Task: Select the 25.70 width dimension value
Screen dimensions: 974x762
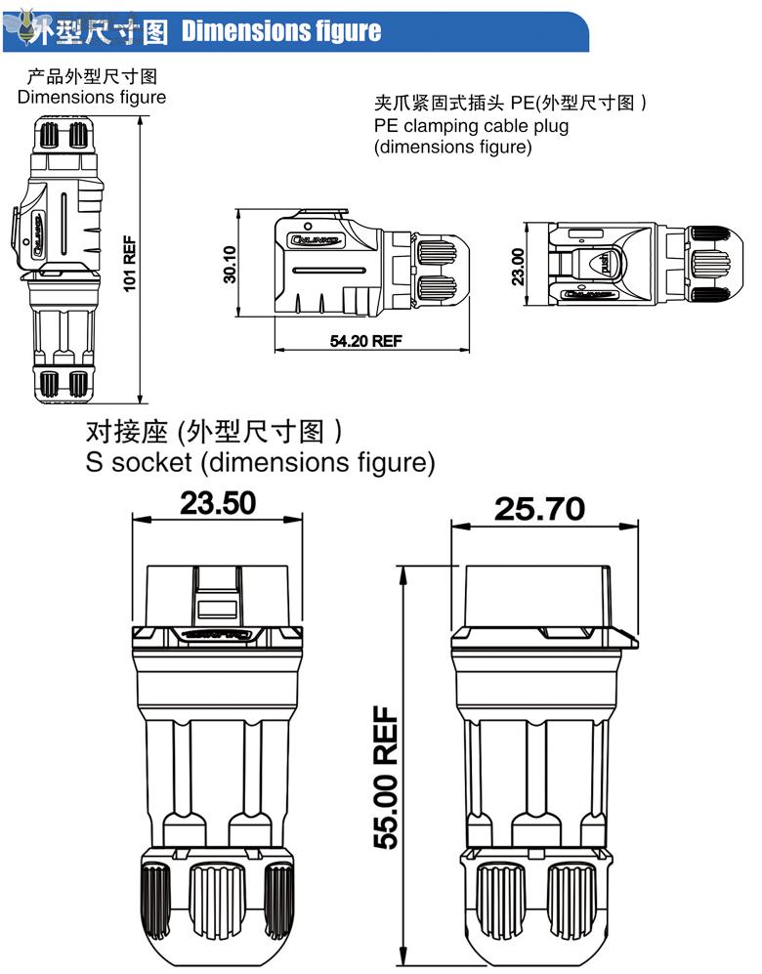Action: point(539,508)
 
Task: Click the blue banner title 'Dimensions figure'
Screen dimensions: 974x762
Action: point(281,31)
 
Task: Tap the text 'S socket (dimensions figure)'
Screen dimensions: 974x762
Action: point(260,462)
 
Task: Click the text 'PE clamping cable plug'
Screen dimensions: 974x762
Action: point(471,125)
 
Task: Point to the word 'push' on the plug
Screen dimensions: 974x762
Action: point(605,263)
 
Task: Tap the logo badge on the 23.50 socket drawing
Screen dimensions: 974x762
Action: point(218,637)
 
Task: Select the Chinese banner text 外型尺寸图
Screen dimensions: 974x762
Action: point(99,32)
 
